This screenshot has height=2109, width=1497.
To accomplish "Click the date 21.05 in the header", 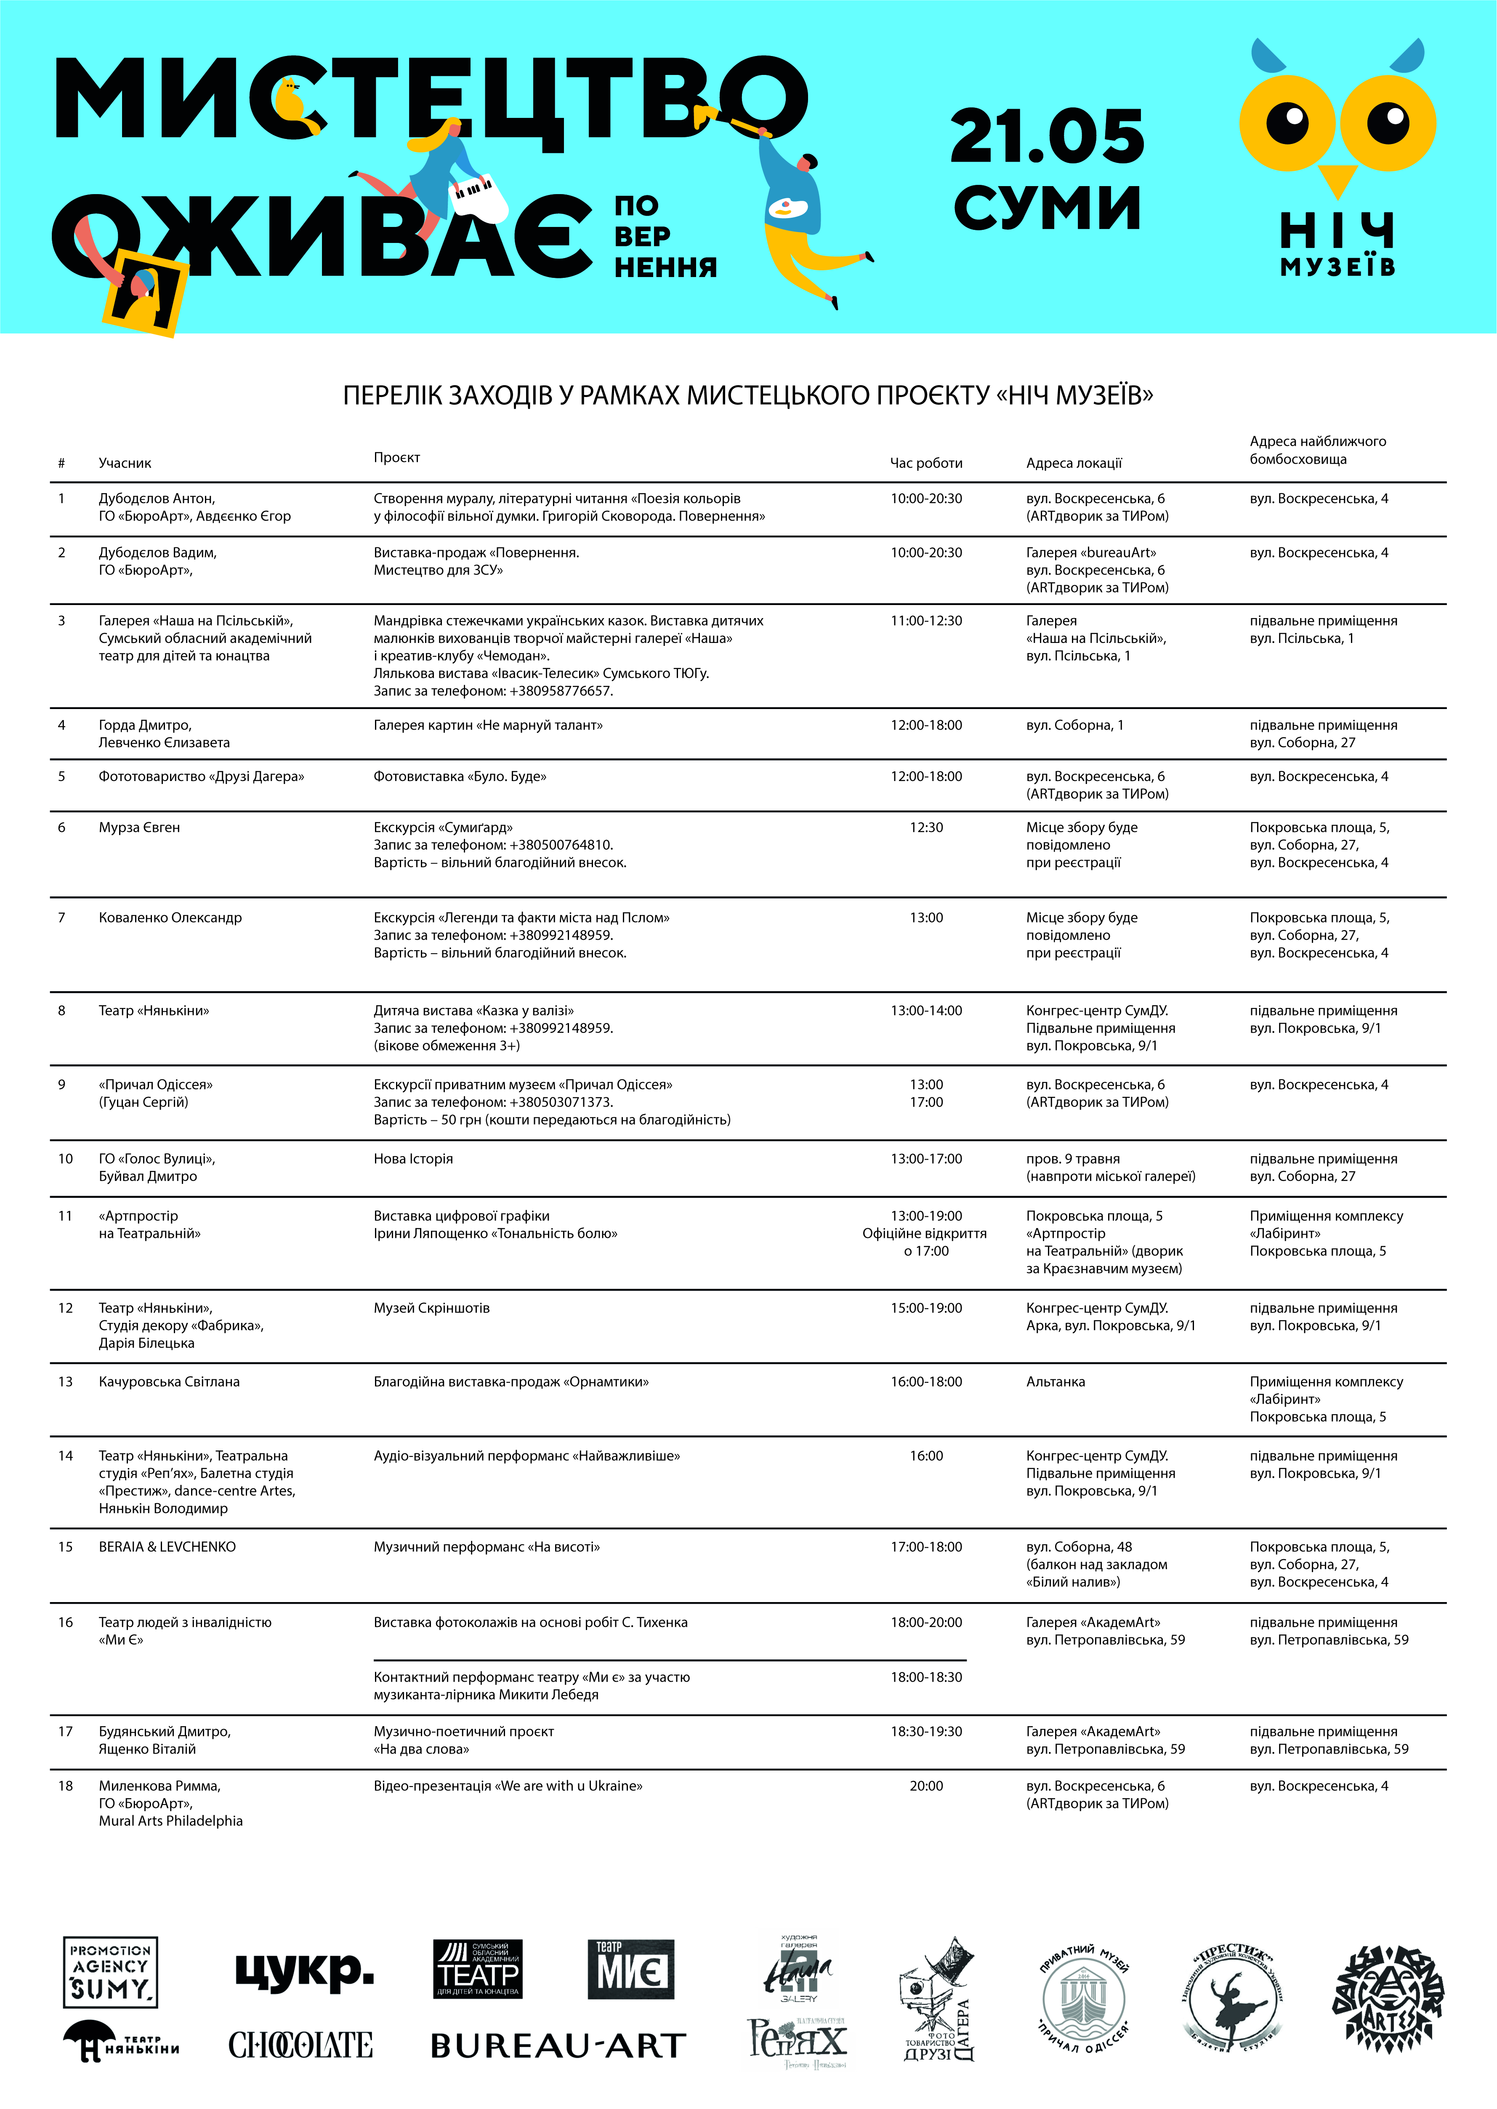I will pyautogui.click(x=1047, y=136).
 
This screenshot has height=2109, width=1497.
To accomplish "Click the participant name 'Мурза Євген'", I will pyautogui.click(x=139, y=827).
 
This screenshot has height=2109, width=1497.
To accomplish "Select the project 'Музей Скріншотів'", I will pyautogui.click(x=431, y=1308).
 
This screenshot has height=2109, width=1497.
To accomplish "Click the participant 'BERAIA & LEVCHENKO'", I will pyautogui.click(x=167, y=1546).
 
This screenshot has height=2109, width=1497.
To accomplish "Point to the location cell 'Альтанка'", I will pyautogui.click(x=1056, y=1381).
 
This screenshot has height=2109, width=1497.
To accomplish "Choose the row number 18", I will pyautogui.click(x=66, y=1785).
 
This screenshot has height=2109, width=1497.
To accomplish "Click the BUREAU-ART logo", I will pyautogui.click(x=558, y=2045).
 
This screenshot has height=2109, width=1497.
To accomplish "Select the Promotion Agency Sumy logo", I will pyautogui.click(x=111, y=1972).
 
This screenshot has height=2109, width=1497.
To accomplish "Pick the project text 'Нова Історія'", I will pyautogui.click(x=413, y=1158).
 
